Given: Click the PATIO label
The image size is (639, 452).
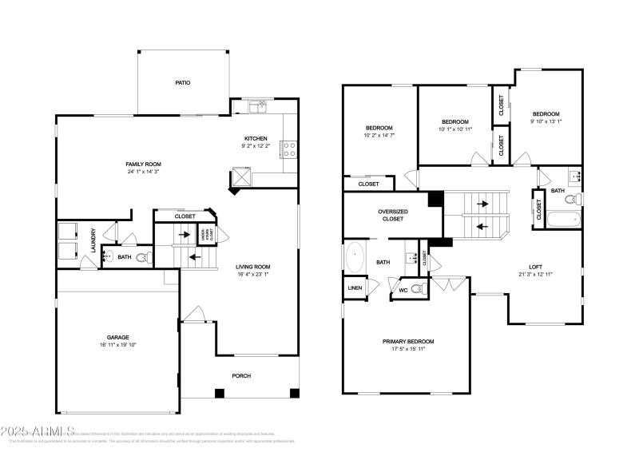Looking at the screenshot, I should tap(183, 82).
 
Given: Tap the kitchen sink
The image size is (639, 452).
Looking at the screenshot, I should tap(256, 105).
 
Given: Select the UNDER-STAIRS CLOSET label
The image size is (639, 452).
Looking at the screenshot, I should tap(204, 234).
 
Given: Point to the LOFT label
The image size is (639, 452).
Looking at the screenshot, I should tap(534, 267).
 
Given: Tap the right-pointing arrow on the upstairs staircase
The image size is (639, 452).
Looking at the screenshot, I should tap(484, 204).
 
